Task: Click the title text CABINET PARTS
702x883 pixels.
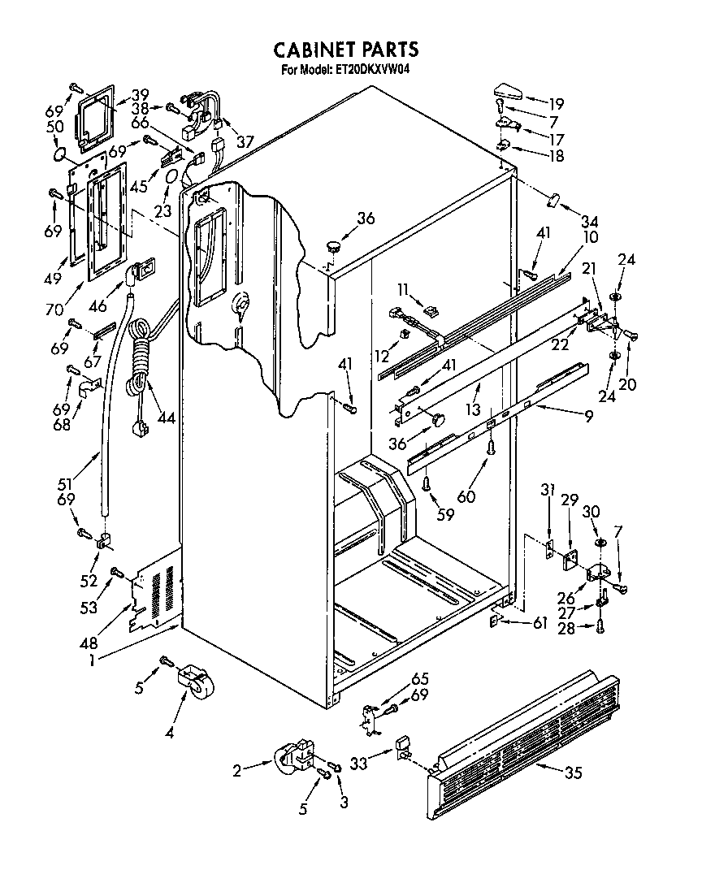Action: (x=345, y=50)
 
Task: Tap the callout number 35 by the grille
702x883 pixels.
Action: (x=573, y=773)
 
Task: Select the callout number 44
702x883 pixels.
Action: (x=167, y=418)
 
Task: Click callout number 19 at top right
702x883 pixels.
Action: (x=556, y=103)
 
